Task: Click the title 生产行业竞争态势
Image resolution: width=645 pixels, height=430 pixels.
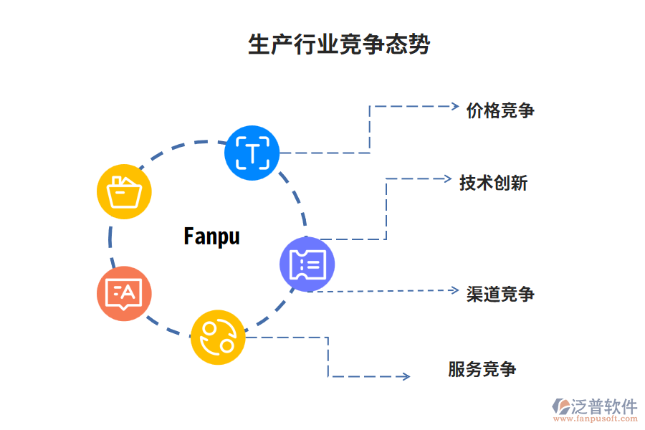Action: (339, 44)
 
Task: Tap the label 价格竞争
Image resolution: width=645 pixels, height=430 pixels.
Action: (500, 110)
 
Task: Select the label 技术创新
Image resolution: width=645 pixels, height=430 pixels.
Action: (493, 183)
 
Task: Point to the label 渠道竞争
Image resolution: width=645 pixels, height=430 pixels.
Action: (500, 294)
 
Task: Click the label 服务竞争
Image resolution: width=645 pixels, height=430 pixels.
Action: (482, 370)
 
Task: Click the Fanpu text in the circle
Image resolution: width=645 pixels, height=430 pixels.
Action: (211, 236)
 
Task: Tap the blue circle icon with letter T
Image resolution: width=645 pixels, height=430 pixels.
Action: (252, 153)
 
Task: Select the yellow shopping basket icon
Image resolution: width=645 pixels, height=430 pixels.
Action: (124, 191)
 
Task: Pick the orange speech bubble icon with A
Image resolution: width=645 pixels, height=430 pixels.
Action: (124, 293)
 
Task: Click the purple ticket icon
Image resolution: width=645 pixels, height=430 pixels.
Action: (307, 265)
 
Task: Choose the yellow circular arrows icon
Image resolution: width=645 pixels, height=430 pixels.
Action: (218, 337)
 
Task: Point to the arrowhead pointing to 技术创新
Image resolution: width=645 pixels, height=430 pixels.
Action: (446, 178)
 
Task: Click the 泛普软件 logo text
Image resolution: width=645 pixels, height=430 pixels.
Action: (604, 407)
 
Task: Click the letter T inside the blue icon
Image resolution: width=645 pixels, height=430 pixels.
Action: (252, 153)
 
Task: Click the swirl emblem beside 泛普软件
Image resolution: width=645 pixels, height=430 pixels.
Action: (560, 407)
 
